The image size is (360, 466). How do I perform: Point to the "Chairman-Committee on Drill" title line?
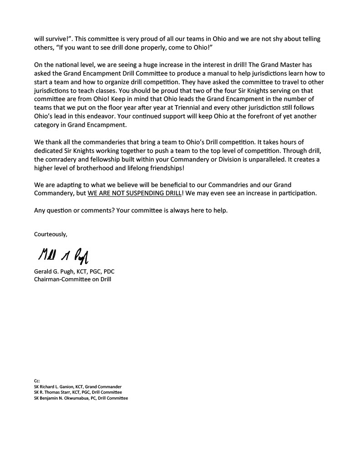[72, 279]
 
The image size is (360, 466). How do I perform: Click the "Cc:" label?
[37, 381]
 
